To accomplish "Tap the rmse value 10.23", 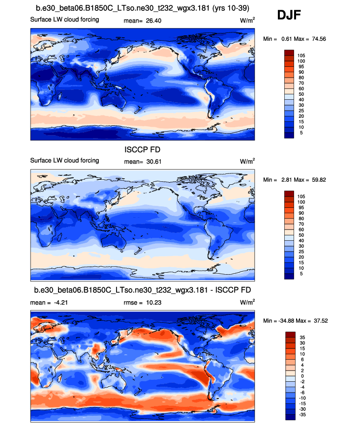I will tap(154, 303).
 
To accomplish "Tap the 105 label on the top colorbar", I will tap(301, 56).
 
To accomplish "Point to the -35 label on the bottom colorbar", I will tap(301, 415).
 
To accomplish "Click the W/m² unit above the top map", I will tap(247, 20).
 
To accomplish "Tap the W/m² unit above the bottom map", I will tap(247, 302).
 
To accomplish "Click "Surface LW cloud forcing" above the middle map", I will tap(64, 161).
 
